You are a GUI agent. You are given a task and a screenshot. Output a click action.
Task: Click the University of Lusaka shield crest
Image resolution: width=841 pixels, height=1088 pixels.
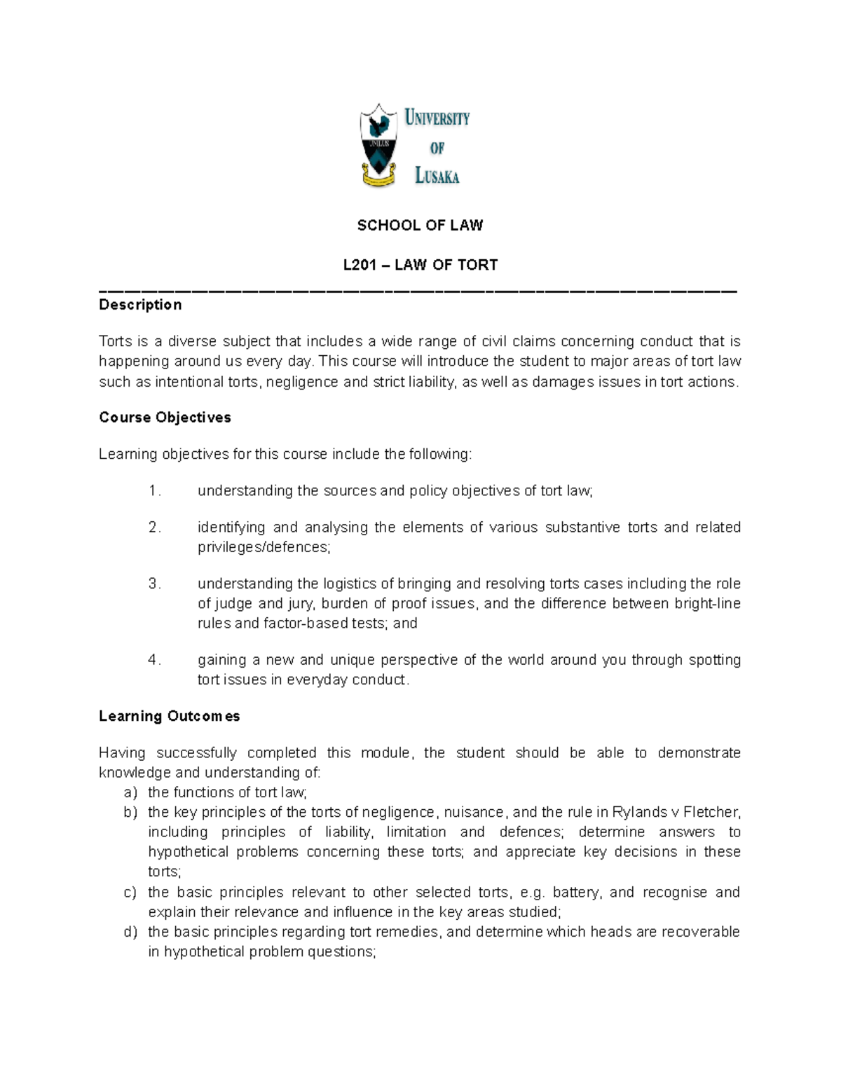pyautogui.click(x=379, y=145)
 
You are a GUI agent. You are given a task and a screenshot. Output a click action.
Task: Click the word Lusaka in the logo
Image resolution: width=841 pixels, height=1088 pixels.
pyautogui.click(x=437, y=176)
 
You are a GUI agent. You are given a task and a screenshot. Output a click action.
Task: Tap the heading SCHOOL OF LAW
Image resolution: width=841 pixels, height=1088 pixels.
pyautogui.click(x=420, y=226)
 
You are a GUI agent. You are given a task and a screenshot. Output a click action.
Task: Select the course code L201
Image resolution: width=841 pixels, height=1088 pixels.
pyautogui.click(x=359, y=265)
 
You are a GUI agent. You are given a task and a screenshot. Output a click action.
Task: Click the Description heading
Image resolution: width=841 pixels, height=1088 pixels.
pyautogui.click(x=140, y=305)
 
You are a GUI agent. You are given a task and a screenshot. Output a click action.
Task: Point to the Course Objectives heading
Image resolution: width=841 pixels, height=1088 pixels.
pyautogui.click(x=165, y=418)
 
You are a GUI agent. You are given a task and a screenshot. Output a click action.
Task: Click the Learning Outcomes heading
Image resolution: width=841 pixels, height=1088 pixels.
pyautogui.click(x=169, y=716)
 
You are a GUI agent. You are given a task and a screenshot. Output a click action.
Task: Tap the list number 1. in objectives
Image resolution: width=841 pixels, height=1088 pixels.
pyautogui.click(x=155, y=491)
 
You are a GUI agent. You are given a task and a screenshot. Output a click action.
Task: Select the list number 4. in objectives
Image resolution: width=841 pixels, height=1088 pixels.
pyautogui.click(x=155, y=660)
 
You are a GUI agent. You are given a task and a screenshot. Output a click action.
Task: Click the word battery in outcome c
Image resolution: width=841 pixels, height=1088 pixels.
pyautogui.click(x=577, y=893)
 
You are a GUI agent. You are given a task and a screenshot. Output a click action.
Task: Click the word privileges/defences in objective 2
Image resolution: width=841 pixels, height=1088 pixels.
pyautogui.click(x=264, y=547)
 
